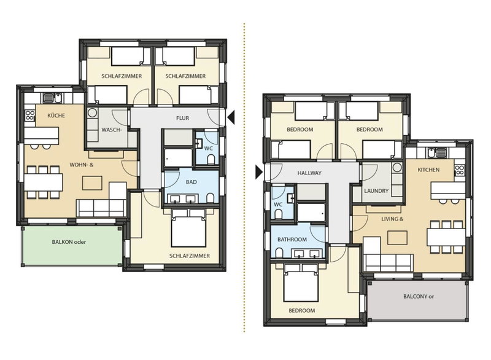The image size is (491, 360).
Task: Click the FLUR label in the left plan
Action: [182, 118]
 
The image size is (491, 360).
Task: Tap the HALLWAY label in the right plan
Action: [309, 173]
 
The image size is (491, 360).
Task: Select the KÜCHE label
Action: [56, 115]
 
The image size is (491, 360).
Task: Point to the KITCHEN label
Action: [428, 170]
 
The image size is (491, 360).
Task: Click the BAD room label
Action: [191, 182]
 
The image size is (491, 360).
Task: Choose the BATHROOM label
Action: [292, 240]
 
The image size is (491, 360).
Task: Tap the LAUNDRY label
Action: [376, 191]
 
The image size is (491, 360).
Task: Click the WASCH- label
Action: [111, 130]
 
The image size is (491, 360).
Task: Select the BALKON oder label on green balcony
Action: [69, 242]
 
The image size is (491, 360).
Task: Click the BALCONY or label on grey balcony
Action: [419, 296]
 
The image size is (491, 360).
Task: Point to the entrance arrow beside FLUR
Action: [231, 118]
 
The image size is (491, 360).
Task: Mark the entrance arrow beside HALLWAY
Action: [259, 172]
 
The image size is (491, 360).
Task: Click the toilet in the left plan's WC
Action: [211, 159]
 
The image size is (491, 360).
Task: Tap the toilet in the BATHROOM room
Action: [279, 252]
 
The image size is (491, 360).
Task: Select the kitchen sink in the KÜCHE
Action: [53, 98]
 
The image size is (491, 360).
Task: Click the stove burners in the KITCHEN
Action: [459, 170]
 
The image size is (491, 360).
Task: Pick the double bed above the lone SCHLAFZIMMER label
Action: [188, 228]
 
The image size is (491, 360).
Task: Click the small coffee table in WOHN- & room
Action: [92, 183]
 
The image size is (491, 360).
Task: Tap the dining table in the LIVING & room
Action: [446, 237]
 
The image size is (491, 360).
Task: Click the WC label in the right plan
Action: [278, 205]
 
